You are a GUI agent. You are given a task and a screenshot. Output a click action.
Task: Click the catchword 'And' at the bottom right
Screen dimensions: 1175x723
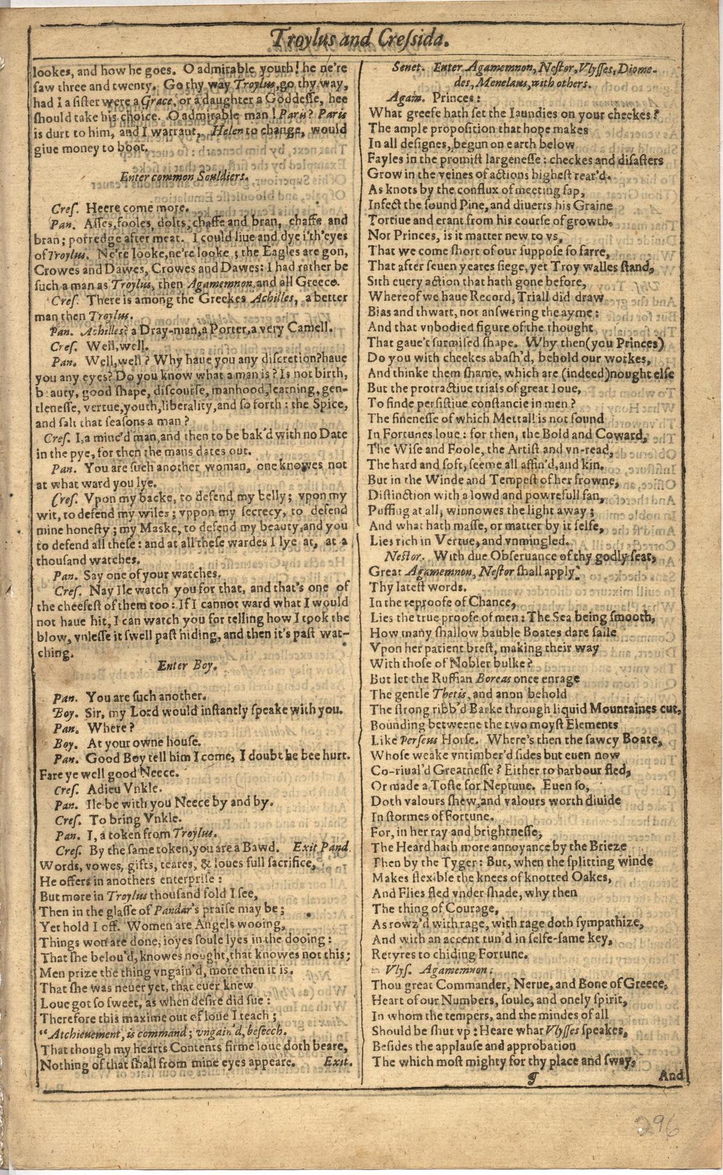[672, 1075]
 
